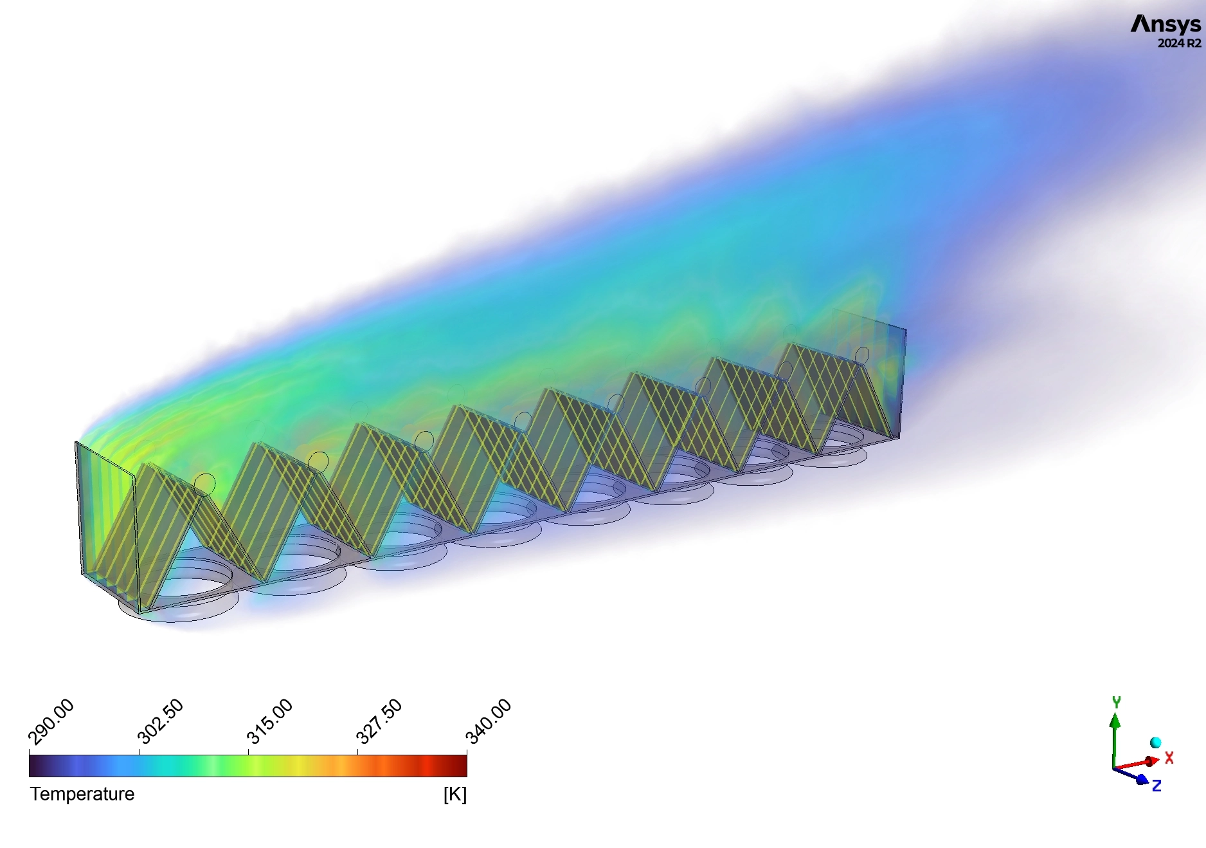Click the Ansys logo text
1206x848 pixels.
pos(1165,24)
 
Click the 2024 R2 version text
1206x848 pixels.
pos(1179,44)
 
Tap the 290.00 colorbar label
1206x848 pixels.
pos(51,721)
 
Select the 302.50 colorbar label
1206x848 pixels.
pos(161,721)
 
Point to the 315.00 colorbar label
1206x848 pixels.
pos(270,721)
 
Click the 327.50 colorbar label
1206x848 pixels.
pos(379,721)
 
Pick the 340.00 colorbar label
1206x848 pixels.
pos(489,721)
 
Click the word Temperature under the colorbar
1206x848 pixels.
pos(82,794)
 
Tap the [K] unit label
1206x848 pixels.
pos(455,795)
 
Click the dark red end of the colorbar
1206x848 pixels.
pos(460,766)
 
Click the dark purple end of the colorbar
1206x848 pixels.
pos(36,766)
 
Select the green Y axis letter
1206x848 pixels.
pos(1116,702)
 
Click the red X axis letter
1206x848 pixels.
pos(1169,758)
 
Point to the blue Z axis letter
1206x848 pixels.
pos(1156,786)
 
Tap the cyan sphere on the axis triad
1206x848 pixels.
pos(1155,742)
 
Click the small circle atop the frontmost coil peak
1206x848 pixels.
pos(204,483)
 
